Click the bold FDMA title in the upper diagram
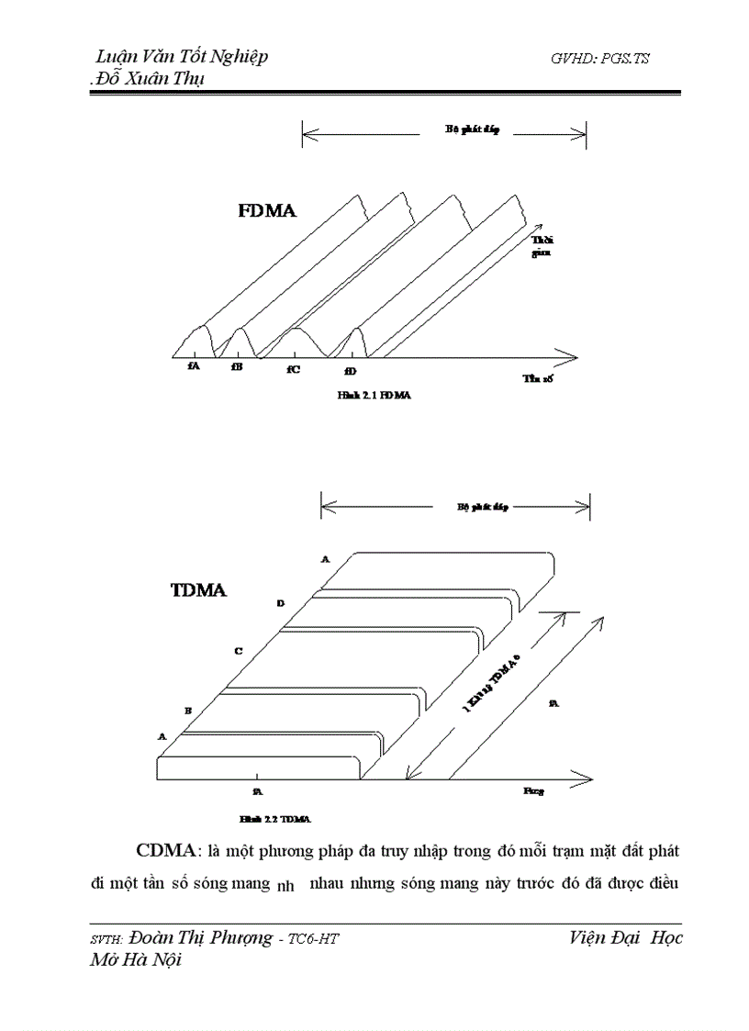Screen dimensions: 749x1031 click(x=267, y=212)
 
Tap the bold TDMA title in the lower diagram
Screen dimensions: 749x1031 click(x=198, y=590)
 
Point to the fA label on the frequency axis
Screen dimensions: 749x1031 click(x=193, y=365)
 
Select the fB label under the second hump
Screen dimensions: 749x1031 click(x=237, y=366)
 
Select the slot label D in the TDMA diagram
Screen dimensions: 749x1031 click(x=280, y=603)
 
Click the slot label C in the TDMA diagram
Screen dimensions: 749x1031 click(x=238, y=651)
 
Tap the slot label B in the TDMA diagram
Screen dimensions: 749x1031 click(x=187, y=711)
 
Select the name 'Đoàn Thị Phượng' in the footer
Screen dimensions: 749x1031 click(x=200, y=938)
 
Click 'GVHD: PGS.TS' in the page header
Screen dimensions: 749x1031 click(x=600, y=58)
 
